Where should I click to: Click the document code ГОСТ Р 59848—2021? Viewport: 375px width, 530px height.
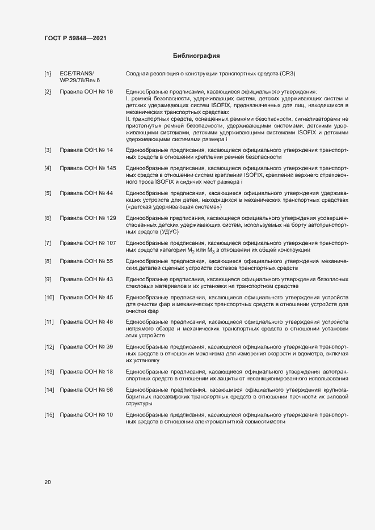(x=75, y=38)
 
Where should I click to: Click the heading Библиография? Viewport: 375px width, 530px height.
(x=196, y=56)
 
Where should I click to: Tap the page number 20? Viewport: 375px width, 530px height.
(x=48, y=482)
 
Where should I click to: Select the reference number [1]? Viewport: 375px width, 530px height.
(x=48, y=74)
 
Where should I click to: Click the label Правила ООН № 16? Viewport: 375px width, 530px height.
(x=86, y=91)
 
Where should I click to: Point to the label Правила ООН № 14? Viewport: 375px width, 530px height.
(x=86, y=150)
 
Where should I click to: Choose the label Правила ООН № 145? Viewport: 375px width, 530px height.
(x=88, y=168)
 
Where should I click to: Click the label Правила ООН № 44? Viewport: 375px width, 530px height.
(x=86, y=193)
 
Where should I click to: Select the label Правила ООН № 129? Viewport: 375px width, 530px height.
(x=88, y=218)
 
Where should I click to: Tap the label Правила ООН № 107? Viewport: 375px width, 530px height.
(x=88, y=243)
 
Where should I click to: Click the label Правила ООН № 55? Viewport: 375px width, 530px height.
(x=86, y=261)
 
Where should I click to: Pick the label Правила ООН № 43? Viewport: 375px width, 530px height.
(x=86, y=279)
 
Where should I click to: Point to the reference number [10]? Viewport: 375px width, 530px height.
(x=49, y=298)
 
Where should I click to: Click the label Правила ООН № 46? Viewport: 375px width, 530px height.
(x=86, y=322)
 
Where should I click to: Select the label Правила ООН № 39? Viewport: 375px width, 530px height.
(x=86, y=346)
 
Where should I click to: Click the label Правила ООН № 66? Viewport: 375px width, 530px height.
(x=86, y=390)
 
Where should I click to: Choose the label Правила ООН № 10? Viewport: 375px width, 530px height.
(x=86, y=415)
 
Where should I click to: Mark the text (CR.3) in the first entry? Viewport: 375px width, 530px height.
(x=288, y=74)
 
